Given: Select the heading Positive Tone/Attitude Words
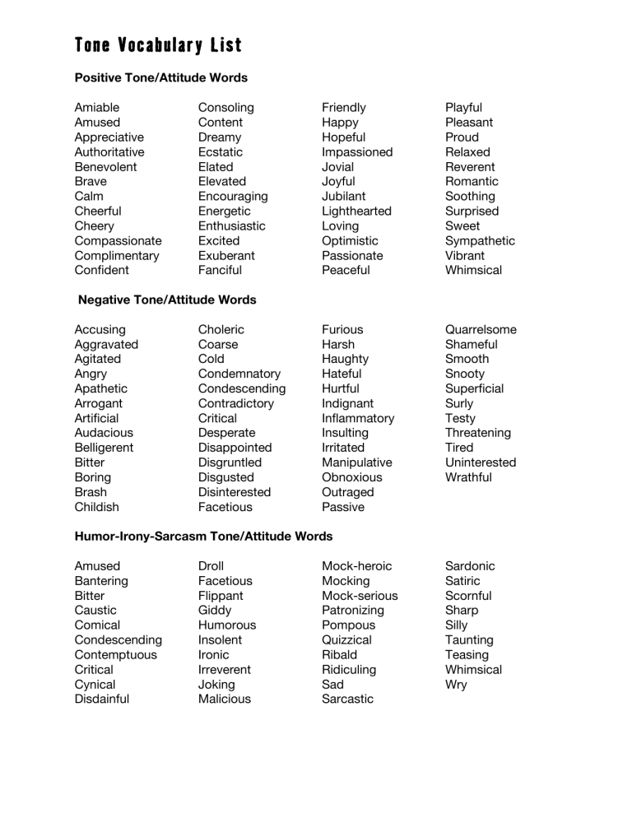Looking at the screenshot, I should (x=160, y=77).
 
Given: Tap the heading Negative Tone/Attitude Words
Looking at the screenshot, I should (x=167, y=300).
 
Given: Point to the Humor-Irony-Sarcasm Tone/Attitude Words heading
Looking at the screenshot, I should (x=203, y=536).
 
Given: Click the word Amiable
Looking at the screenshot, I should (x=96, y=108).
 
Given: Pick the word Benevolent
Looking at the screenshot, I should (x=105, y=167).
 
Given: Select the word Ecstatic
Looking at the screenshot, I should (x=221, y=152).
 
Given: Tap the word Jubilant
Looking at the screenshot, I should (x=344, y=197).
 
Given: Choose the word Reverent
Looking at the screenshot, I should (x=470, y=167).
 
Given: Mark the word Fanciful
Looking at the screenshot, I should (x=220, y=271).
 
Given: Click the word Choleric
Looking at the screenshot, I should (x=221, y=330).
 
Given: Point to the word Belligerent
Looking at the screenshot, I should (x=104, y=448).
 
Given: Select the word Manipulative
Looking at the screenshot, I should (x=357, y=462).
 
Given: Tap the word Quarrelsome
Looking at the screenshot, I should (x=481, y=330).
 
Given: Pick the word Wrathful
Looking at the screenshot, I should (x=468, y=477).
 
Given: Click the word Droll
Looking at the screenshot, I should (x=211, y=566).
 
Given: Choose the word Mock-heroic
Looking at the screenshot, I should (x=356, y=566).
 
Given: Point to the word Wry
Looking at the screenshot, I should (x=456, y=685).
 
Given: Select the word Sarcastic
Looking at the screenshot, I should (x=347, y=699).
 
